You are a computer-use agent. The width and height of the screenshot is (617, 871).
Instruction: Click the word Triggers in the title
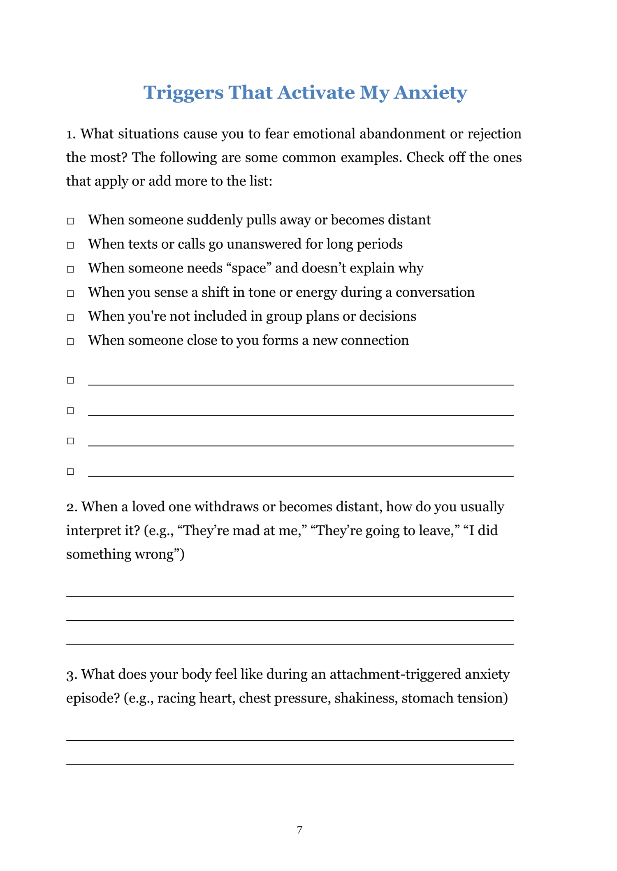click(183, 93)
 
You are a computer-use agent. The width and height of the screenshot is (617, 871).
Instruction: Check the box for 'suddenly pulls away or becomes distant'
click(71, 221)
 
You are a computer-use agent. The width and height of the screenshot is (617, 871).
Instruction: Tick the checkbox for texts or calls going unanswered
click(71, 245)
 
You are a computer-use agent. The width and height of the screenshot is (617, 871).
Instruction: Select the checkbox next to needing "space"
click(71, 269)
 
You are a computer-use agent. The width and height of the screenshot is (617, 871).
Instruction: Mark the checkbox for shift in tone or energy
click(71, 293)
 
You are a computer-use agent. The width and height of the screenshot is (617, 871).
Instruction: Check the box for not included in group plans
click(71, 317)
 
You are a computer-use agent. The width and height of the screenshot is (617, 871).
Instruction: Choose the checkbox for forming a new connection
click(71, 342)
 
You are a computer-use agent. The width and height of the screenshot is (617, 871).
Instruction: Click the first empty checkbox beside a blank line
click(71, 380)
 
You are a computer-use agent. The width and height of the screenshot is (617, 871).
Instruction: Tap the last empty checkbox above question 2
click(71, 471)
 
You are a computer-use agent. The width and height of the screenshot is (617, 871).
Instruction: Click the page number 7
click(300, 829)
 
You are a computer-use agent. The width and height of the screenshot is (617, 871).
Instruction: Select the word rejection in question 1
click(494, 134)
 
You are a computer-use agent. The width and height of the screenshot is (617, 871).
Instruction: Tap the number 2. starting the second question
click(72, 507)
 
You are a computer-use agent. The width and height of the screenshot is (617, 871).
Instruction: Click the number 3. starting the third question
click(72, 675)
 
